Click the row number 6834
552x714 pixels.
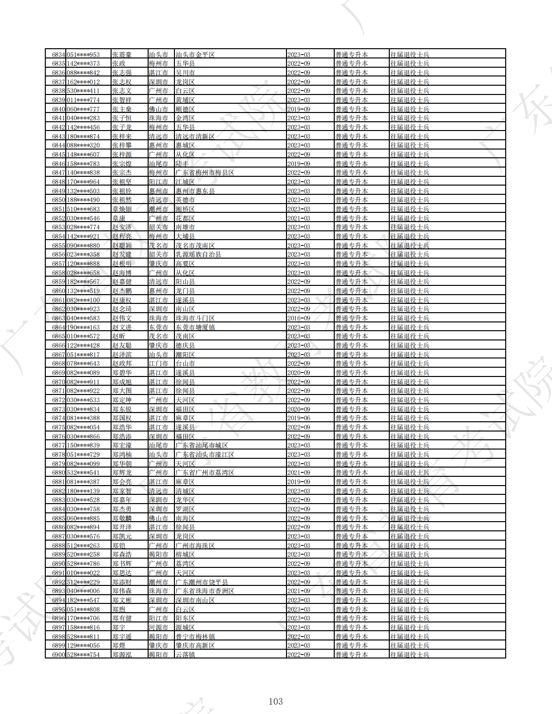coord(58,55)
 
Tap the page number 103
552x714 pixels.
coord(276,701)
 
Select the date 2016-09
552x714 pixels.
coord(299,318)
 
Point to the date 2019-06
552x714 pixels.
coord(299,418)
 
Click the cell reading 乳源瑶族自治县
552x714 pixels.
coord(198,254)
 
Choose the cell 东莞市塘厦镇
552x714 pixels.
coord(195,327)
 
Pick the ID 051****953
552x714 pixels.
coord(83,55)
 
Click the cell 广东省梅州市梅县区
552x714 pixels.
coord(205,172)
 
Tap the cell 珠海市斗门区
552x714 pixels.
coord(195,318)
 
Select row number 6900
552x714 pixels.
coord(58,655)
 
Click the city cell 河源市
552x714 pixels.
coord(158,627)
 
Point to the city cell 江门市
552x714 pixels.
coord(158,363)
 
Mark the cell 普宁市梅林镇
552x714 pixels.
coord(195,637)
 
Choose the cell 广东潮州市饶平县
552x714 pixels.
coord(202,582)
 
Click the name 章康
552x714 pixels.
coord(119,218)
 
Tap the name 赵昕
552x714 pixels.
coord(119,336)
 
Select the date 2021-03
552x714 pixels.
coord(299,218)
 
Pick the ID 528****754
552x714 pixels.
coord(83,655)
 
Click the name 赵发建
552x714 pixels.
coord(122,254)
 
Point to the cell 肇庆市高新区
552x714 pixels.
coord(195,645)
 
